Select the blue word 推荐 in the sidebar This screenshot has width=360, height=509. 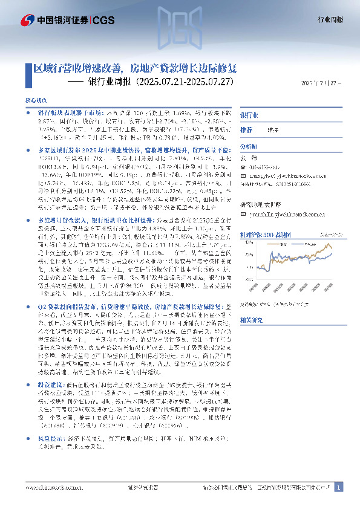pos(247,130)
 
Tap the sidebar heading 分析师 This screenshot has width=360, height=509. pos(249,146)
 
